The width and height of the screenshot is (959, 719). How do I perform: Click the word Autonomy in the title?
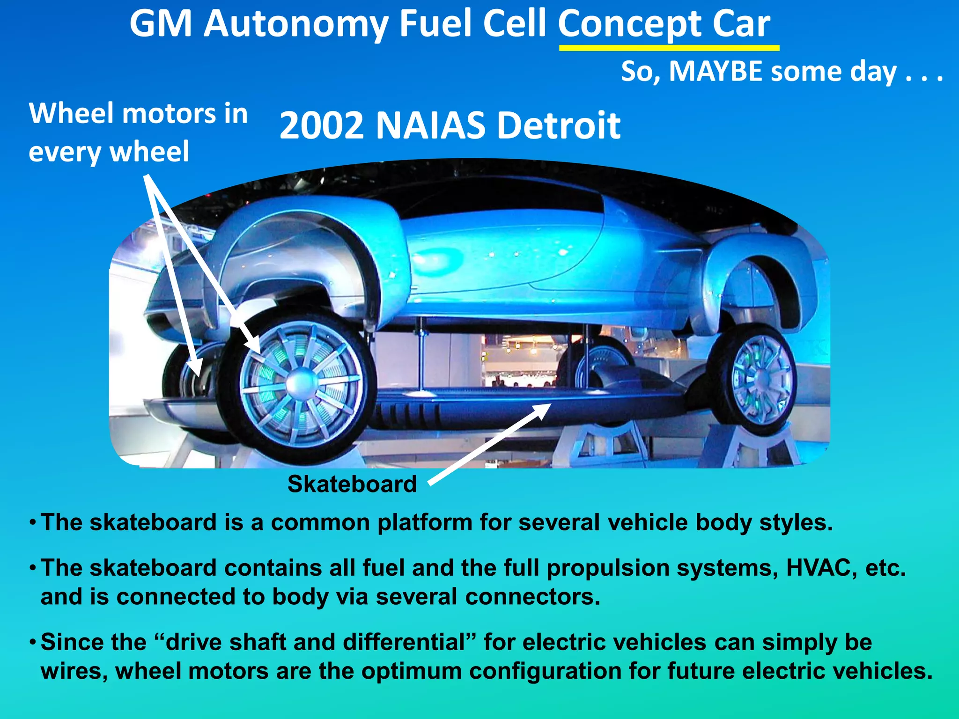tap(295, 24)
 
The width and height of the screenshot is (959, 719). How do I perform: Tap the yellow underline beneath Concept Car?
tap(669, 48)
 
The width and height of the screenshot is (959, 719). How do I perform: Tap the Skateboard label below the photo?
tap(352, 484)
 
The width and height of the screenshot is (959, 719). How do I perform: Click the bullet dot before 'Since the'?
tap(32, 642)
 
